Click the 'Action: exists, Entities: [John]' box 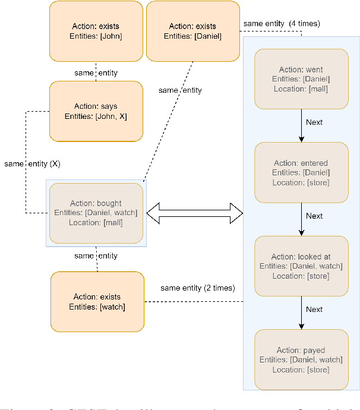pos(96,31)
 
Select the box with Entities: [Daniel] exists pos(192,31)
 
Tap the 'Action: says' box pos(96,111)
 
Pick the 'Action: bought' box pos(96,213)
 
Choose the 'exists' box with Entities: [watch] pos(97,301)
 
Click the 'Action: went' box pos(301,79)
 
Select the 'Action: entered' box pos(301,172)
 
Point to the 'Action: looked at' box pos(301,266)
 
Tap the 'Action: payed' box pos(301,359)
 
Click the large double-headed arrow pos(195,212)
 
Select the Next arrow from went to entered pos(301,125)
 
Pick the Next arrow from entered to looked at pos(301,219)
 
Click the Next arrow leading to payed pos(301,313)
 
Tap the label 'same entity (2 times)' pos(197,288)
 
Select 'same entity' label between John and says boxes pos(96,73)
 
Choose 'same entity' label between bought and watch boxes pos(96,256)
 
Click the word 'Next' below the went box pos(314,122)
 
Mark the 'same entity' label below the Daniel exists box pos(180,90)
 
